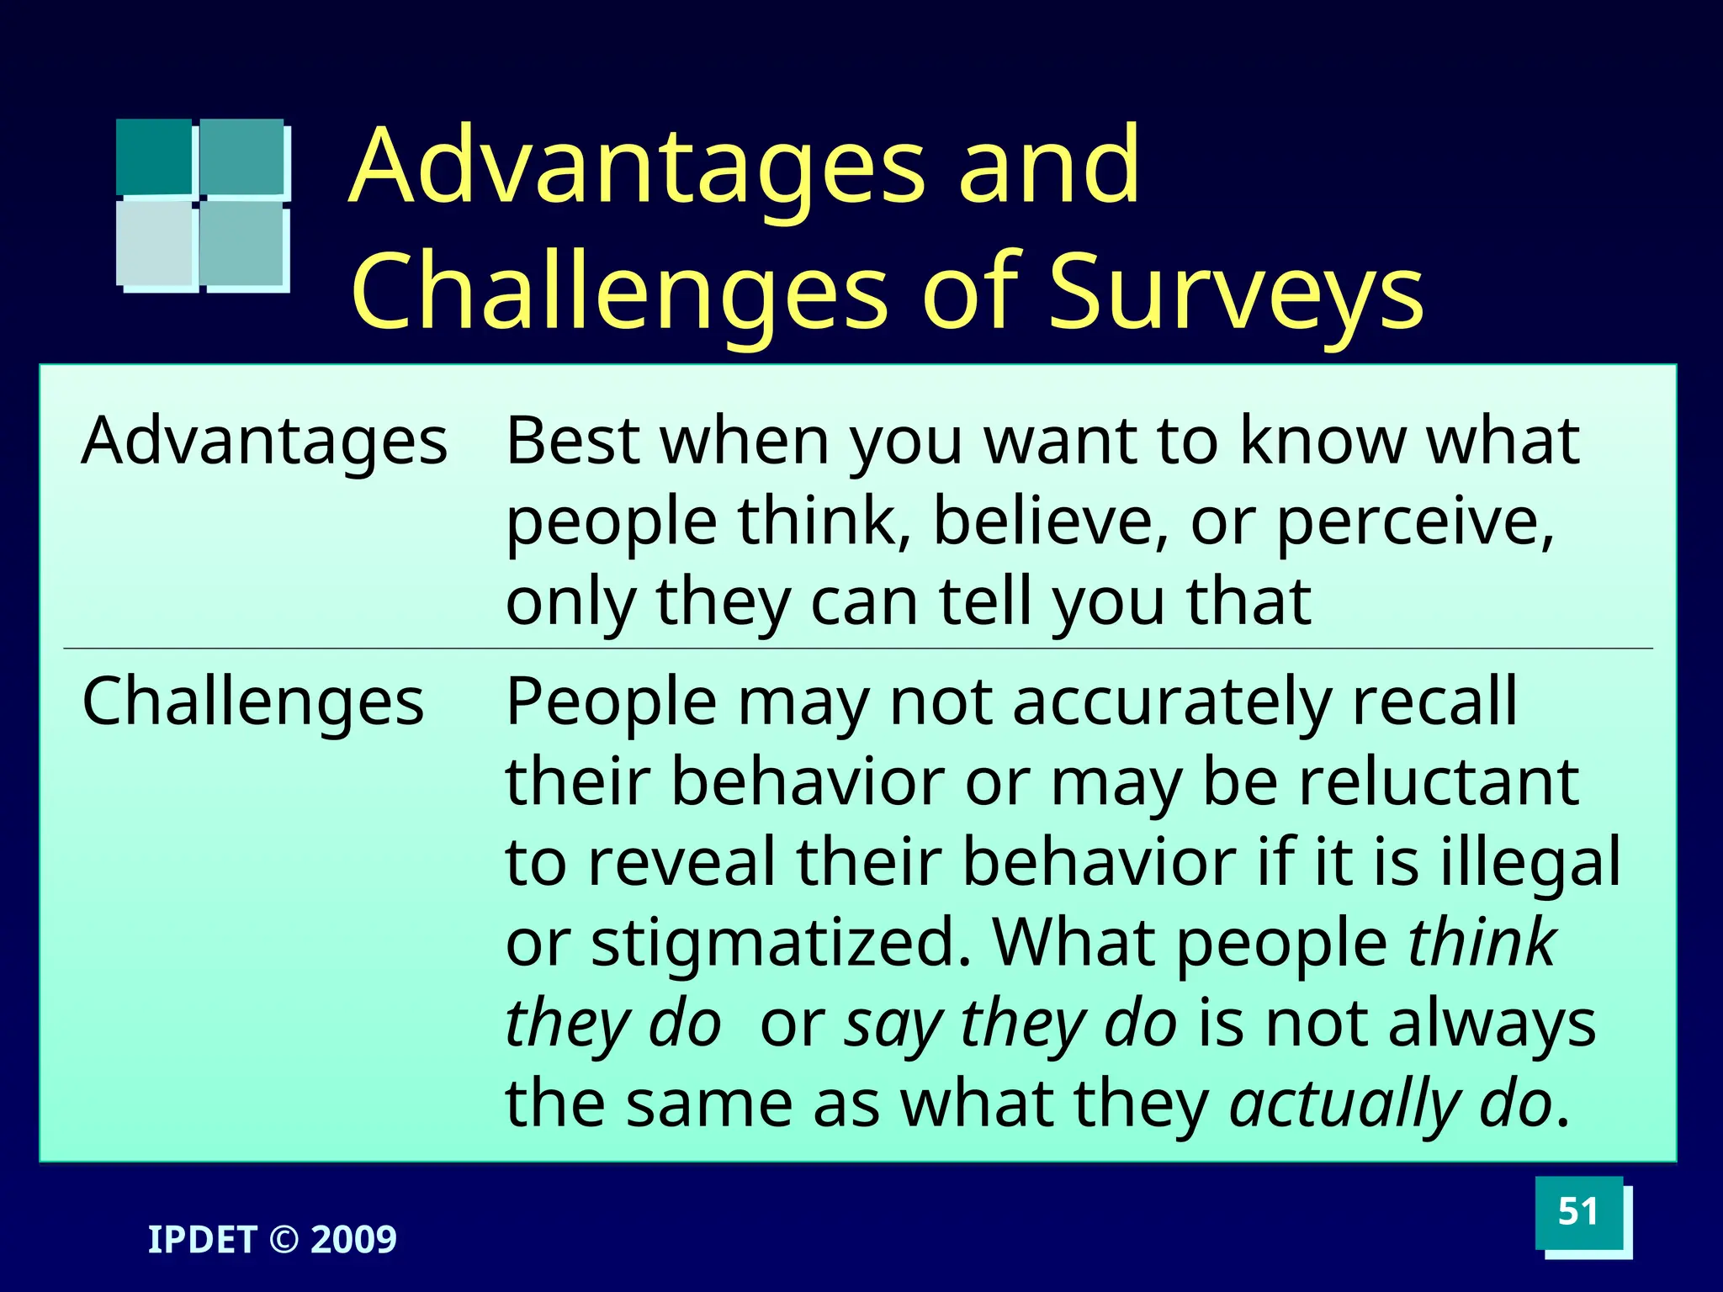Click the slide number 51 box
[1577, 1212]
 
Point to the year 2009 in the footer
[353, 1240]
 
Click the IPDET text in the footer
[202, 1240]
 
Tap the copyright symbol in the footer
[284, 1240]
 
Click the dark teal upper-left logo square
[154, 156]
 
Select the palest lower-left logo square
[155, 243]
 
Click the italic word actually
[1343, 1105]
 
